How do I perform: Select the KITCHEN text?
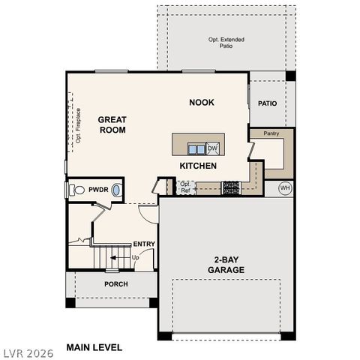point(198,165)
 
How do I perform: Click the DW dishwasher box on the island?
point(212,148)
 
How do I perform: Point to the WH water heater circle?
point(285,187)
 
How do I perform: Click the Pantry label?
point(271,133)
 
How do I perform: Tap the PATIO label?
point(268,103)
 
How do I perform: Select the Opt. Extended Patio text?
point(226,43)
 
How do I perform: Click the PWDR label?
point(98,190)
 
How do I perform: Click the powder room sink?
point(116,190)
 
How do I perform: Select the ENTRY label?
point(143,244)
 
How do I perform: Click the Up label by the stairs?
point(136,257)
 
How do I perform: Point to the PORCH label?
point(115,284)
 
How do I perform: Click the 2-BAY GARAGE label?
point(225,262)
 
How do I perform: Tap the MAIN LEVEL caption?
point(94,347)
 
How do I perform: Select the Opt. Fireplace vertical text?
point(77,125)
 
